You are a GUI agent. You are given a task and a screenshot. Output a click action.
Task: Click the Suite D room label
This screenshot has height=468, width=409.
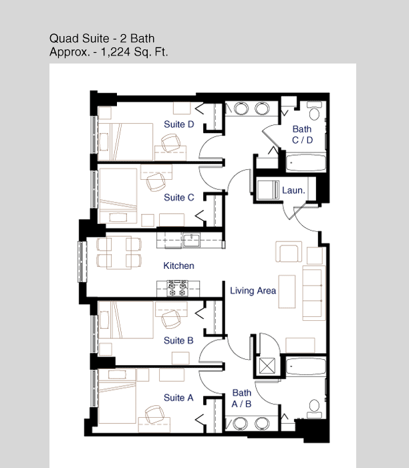[x=178, y=124]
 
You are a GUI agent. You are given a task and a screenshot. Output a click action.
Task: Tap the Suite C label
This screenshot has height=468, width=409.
[x=178, y=197]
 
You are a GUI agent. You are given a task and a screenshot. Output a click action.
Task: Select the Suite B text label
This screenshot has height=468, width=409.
[x=178, y=340]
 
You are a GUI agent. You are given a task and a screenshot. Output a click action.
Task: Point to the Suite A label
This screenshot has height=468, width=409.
[x=178, y=397]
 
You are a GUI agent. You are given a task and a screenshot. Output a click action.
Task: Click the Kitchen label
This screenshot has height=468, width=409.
[x=178, y=265]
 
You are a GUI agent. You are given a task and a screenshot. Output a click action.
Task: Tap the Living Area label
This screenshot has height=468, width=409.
[x=253, y=290]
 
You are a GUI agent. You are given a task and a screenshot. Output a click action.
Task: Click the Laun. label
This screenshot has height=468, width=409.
[x=293, y=190]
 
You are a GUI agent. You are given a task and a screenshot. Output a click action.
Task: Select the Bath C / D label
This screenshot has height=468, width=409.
[x=302, y=134]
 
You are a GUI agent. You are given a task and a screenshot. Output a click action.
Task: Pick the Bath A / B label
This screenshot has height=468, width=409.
[x=241, y=398]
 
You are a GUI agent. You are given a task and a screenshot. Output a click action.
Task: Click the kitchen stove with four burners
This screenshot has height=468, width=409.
[x=177, y=288]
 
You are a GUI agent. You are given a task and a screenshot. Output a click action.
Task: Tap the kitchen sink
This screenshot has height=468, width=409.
[x=191, y=240]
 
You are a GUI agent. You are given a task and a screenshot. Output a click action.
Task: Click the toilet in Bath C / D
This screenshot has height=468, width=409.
[x=314, y=110]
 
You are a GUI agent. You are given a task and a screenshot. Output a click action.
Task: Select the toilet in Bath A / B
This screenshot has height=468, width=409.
[x=314, y=409]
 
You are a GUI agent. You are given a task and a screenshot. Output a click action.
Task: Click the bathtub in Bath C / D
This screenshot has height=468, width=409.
[x=305, y=162]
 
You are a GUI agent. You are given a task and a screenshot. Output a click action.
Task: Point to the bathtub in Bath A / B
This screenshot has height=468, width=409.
[x=305, y=366]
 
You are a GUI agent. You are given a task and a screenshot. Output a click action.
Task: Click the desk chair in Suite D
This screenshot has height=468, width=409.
[x=171, y=142]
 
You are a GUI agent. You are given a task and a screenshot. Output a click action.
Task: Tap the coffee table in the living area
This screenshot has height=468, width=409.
[x=287, y=291]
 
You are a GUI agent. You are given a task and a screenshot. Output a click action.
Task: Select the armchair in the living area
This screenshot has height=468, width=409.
[x=289, y=252]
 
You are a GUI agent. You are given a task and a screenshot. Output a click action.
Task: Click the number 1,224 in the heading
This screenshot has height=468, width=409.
[x=116, y=53]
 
